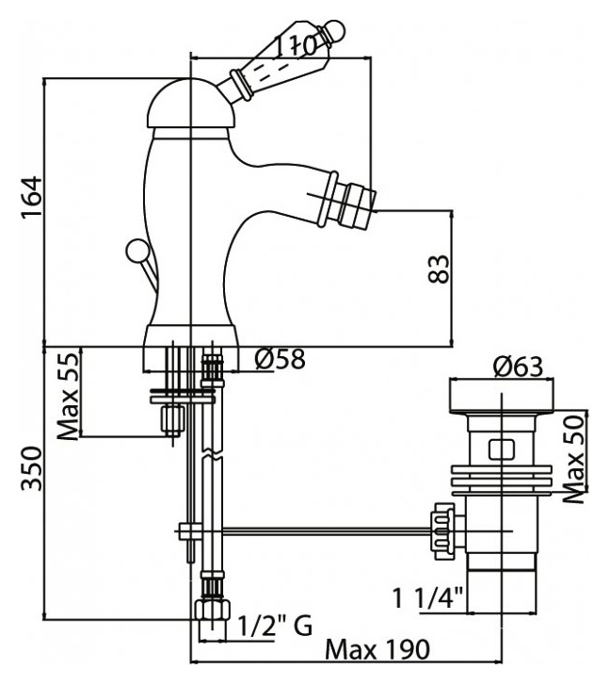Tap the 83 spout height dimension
[x=438, y=269]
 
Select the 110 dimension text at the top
[x=296, y=45]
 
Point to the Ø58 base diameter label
[x=280, y=359]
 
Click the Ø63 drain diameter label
[x=519, y=367]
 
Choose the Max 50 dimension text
[x=573, y=459]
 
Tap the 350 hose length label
[x=32, y=468]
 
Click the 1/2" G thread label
[x=275, y=626]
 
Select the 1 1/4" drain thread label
[x=427, y=597]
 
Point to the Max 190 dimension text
[x=377, y=650]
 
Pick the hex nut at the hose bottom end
[x=212, y=610]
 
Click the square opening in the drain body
[x=502, y=450]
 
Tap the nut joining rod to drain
[x=443, y=530]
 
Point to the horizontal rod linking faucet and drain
[x=328, y=530]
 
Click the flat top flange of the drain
[x=502, y=396]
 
